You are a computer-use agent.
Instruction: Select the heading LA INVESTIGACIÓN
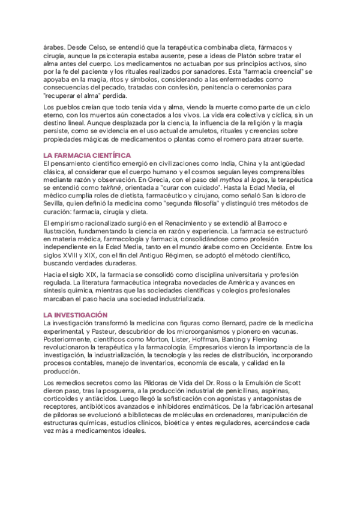(x=75, y=315)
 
